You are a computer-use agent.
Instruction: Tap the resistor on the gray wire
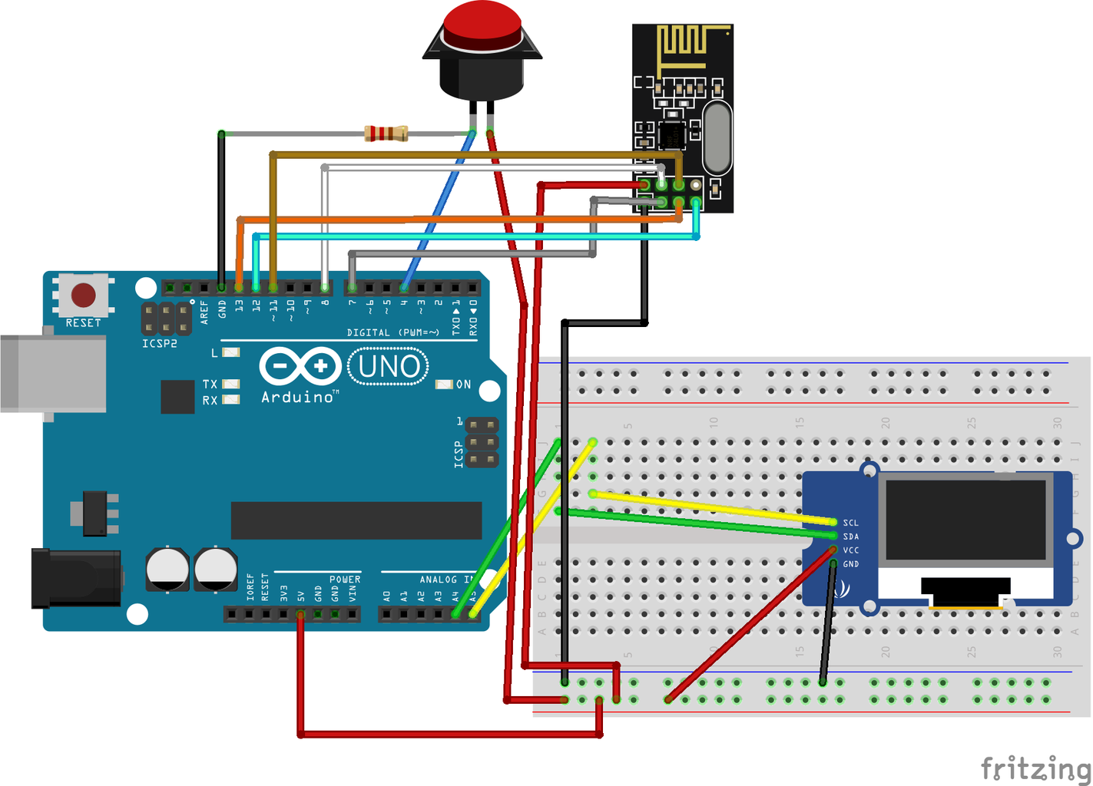coord(386,134)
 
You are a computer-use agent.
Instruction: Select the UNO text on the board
coord(389,367)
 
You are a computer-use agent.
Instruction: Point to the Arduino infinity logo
coord(300,366)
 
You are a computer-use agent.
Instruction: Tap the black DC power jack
coord(75,578)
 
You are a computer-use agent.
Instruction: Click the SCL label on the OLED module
coord(850,523)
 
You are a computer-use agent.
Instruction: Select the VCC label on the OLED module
coord(850,550)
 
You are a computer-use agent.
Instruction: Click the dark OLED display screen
coord(966,520)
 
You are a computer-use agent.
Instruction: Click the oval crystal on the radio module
coord(717,138)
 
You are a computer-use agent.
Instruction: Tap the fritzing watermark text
coord(1035,768)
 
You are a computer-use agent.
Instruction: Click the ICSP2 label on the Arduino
coord(160,344)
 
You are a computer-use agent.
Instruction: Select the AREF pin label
coord(204,311)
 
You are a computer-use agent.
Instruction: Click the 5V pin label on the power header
coord(301,596)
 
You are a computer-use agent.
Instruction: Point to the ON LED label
coord(464,385)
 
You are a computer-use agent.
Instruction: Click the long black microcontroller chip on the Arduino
coord(356,520)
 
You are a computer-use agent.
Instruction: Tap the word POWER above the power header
coord(345,580)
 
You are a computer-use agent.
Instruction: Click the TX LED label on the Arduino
coord(210,384)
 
